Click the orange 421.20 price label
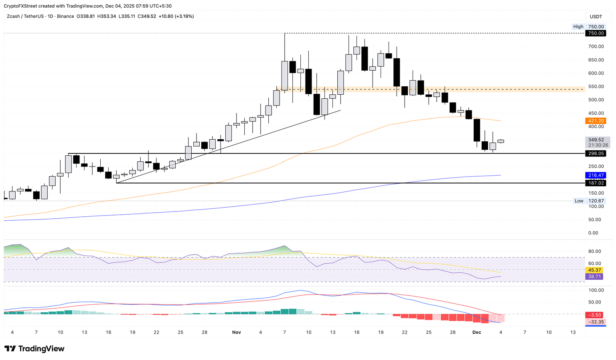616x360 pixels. coord(596,121)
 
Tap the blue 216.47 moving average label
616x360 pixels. coord(596,175)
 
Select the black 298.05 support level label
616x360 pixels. coord(596,154)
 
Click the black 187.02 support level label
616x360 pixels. coord(596,183)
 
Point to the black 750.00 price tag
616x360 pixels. coord(596,33)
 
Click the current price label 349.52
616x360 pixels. coord(596,140)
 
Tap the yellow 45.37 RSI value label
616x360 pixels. coord(595,270)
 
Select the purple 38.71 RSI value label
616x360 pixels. coord(595,277)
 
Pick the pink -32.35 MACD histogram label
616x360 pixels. coord(596,322)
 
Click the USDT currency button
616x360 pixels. coord(596,16)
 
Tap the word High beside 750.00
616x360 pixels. coord(578,26)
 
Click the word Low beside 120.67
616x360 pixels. coord(579,201)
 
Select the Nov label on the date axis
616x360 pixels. coord(237,332)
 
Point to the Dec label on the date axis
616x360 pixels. coord(476,332)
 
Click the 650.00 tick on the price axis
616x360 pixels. coord(596,60)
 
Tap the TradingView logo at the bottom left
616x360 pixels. coord(34,349)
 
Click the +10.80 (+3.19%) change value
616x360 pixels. coord(176,16)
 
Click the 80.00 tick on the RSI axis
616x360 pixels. coord(595,251)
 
